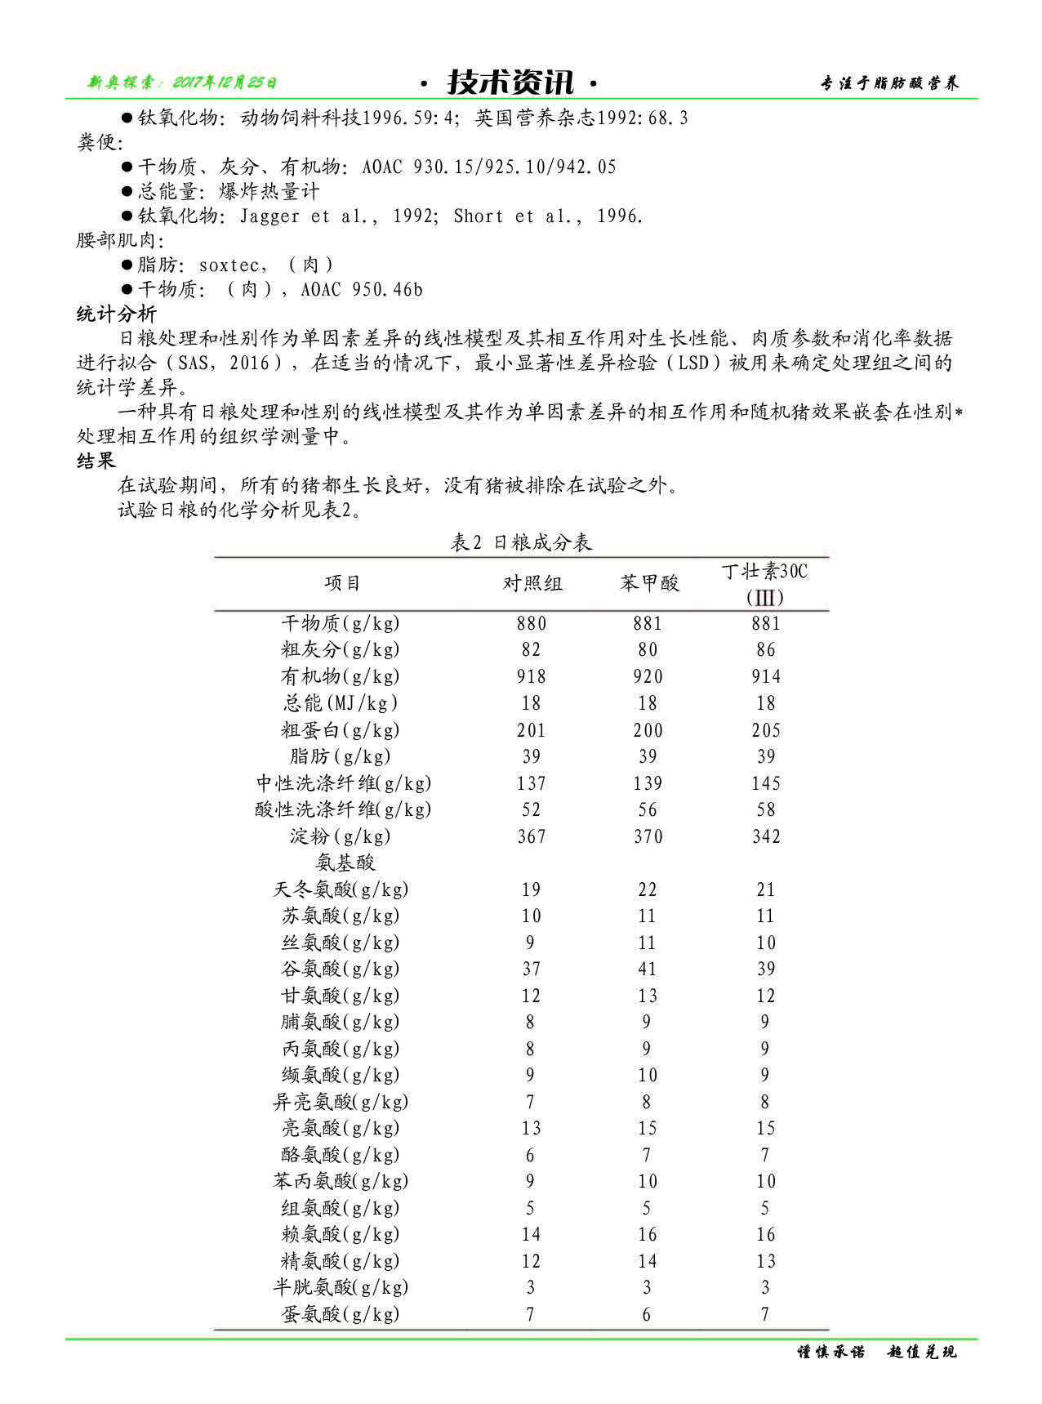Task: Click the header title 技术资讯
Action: point(510,82)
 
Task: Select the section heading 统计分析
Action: point(117,314)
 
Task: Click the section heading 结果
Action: point(96,461)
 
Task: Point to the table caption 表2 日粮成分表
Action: point(521,542)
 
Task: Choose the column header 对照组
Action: point(532,583)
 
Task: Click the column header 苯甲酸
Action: point(649,583)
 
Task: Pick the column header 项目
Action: point(342,583)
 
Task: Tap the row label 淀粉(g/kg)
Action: point(341,836)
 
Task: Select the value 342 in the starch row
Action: point(766,836)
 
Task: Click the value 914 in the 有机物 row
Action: point(766,676)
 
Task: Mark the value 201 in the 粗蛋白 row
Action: point(532,730)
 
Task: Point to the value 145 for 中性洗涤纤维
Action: point(766,783)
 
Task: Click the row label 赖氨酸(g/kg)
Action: point(341,1234)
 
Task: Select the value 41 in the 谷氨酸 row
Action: point(648,969)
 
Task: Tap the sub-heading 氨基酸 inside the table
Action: point(345,862)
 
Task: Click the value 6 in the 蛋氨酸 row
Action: point(647,1314)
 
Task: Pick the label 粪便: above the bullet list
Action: point(100,143)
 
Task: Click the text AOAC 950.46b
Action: point(362,290)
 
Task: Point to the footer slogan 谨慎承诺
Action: point(830,1352)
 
